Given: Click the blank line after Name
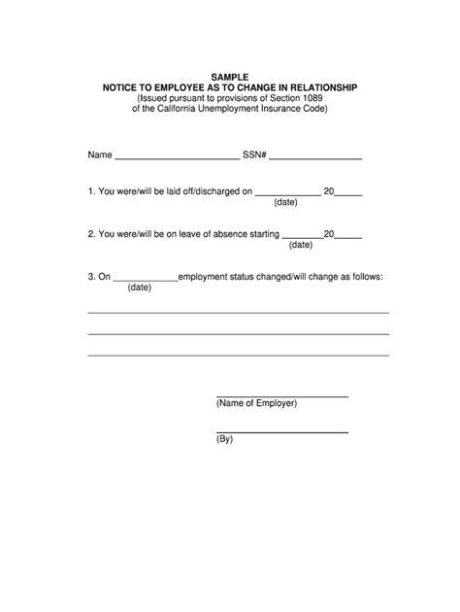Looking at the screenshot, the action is pyautogui.click(x=177, y=156).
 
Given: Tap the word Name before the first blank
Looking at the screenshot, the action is pyautogui.click(x=100, y=154).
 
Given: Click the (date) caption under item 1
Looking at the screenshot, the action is pyautogui.click(x=285, y=204).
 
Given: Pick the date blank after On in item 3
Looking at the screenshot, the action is pyautogui.click(x=146, y=279).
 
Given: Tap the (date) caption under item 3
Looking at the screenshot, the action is pyautogui.click(x=139, y=288).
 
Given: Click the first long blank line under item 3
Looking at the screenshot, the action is pyautogui.click(x=238, y=313).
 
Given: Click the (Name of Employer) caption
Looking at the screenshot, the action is pyautogui.click(x=257, y=403).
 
